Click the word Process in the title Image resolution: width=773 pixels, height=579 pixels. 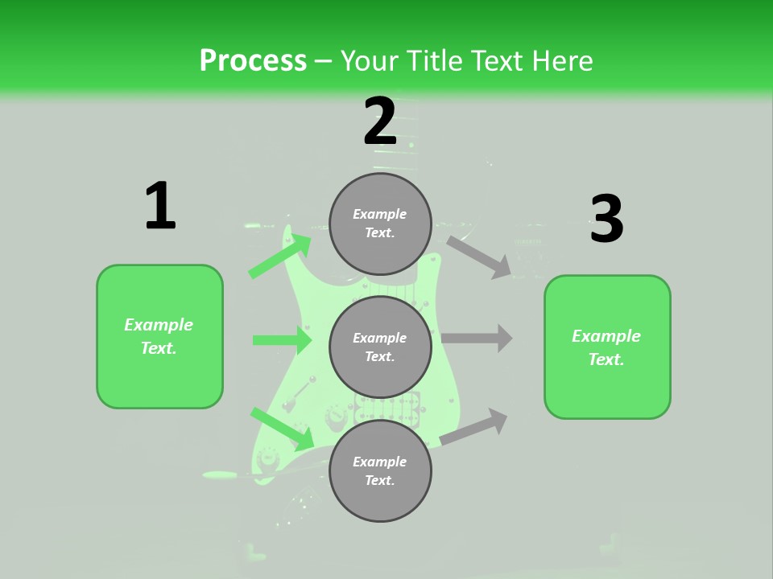pyautogui.click(x=253, y=61)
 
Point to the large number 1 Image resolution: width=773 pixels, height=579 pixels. pyautogui.click(x=160, y=207)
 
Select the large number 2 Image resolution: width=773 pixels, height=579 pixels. pyautogui.click(x=380, y=121)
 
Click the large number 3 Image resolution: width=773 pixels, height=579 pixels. pyautogui.click(x=606, y=220)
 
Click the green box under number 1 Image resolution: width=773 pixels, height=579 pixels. pyautogui.click(x=159, y=336)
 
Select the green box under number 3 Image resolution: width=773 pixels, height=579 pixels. pyautogui.click(x=607, y=347)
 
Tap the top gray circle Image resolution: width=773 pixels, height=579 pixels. pyautogui.click(x=380, y=224)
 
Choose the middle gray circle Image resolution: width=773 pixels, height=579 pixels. pyautogui.click(x=380, y=347)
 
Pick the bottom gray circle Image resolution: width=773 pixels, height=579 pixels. pyautogui.click(x=380, y=470)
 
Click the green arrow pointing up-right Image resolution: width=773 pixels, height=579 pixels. pyautogui.click(x=280, y=255)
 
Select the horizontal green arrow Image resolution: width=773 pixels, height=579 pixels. pyautogui.click(x=282, y=340)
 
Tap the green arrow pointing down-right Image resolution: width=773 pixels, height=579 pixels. pyautogui.click(x=282, y=429)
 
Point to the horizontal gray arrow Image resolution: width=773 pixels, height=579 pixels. pyautogui.click(x=477, y=339)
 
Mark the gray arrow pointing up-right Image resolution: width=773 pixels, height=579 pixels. pyautogui.click(x=474, y=427)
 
